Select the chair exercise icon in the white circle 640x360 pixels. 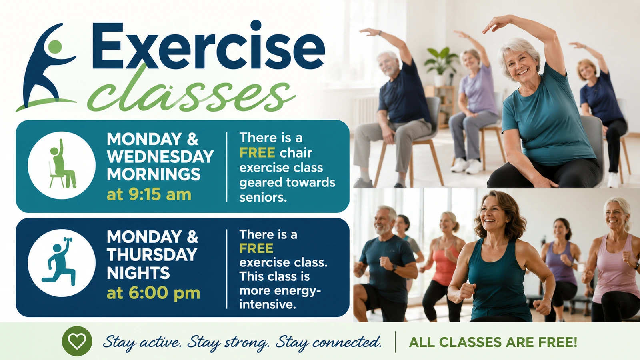click(62, 164)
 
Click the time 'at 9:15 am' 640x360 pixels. click(149, 194)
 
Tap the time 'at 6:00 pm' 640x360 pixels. click(154, 292)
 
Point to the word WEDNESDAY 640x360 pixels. click(160, 156)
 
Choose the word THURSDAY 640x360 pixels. click(152, 254)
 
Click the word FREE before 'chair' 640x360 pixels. click(257, 153)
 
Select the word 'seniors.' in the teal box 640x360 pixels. click(263, 198)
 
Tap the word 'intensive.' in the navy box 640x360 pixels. click(268, 304)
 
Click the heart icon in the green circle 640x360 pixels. click(77, 341)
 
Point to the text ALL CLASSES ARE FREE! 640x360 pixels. click(493, 342)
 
